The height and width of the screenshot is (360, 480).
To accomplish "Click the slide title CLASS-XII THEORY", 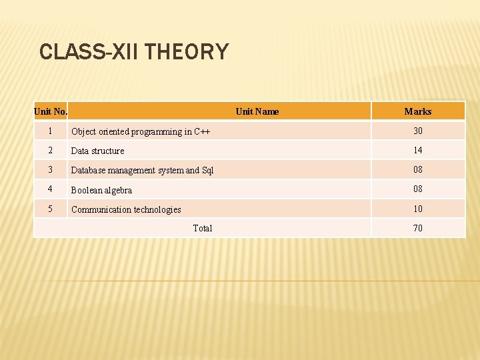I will point(134,51).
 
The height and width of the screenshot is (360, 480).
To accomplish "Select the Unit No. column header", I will point(51,111).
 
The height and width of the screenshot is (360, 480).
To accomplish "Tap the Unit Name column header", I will point(257,111).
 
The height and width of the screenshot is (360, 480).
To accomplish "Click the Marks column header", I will point(418,111).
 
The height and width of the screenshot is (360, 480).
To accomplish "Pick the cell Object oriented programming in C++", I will point(141,131).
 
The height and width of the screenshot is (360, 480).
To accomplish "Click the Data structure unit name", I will point(98,151).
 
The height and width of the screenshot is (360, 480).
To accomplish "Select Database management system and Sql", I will point(143,170).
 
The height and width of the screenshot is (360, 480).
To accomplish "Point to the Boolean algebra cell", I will point(102,190).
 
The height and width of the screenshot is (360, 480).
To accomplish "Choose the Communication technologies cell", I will point(126,209).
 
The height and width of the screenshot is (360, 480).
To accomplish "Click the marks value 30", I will point(418,131).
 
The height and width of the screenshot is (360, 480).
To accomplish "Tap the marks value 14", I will point(418,150).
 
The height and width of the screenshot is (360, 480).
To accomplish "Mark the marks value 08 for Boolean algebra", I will point(418,189).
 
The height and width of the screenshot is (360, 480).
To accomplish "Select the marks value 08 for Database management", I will point(418,169).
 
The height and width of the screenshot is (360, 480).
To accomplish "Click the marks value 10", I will point(418,209).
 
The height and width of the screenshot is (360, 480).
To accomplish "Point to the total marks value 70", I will point(418,228).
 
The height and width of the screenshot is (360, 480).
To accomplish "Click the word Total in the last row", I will point(203,228).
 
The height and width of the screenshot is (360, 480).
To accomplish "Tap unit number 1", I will point(51,131).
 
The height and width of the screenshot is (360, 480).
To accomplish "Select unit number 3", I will point(51,169).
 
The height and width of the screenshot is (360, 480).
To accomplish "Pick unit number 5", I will point(51,209).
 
